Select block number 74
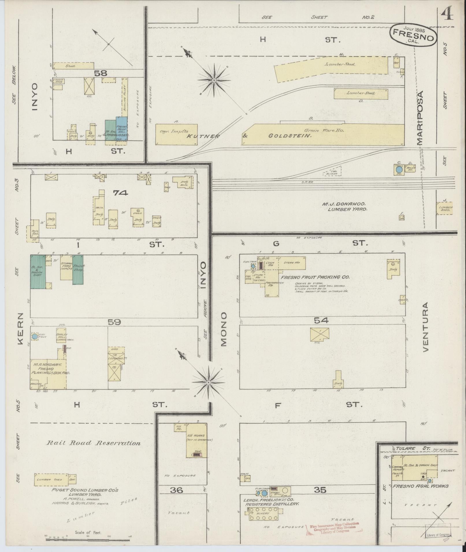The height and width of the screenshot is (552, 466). (120, 193)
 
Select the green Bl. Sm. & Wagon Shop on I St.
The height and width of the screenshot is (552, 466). (38, 272)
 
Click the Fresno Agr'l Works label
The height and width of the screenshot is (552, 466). (420, 486)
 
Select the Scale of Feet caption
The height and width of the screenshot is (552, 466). (88, 533)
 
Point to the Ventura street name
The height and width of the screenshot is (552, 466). (426, 327)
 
